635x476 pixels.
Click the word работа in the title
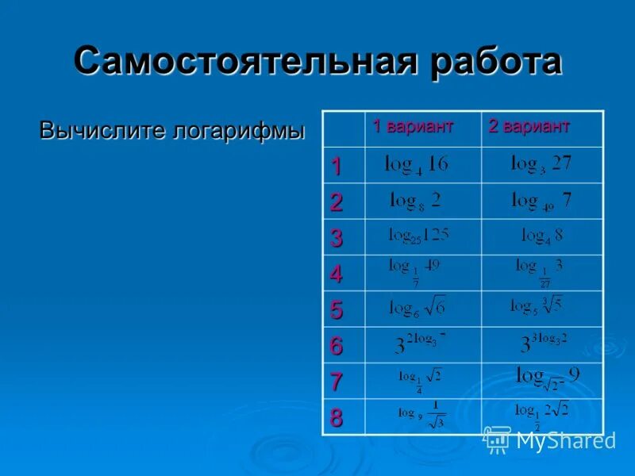click(490, 62)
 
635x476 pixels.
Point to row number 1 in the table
click(337, 167)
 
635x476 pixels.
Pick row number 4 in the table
click(337, 274)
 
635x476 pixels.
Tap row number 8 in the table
click(337, 418)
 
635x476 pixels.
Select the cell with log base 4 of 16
click(416, 165)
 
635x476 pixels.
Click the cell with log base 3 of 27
click(541, 164)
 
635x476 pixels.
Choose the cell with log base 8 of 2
click(416, 201)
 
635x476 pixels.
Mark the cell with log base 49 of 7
click(541, 201)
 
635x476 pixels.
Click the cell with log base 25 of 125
click(418, 236)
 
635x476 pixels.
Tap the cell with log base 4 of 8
click(541, 236)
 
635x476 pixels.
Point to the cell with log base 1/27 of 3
click(540, 271)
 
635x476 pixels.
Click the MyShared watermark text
click(566, 440)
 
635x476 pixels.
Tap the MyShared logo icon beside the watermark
click(498, 438)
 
